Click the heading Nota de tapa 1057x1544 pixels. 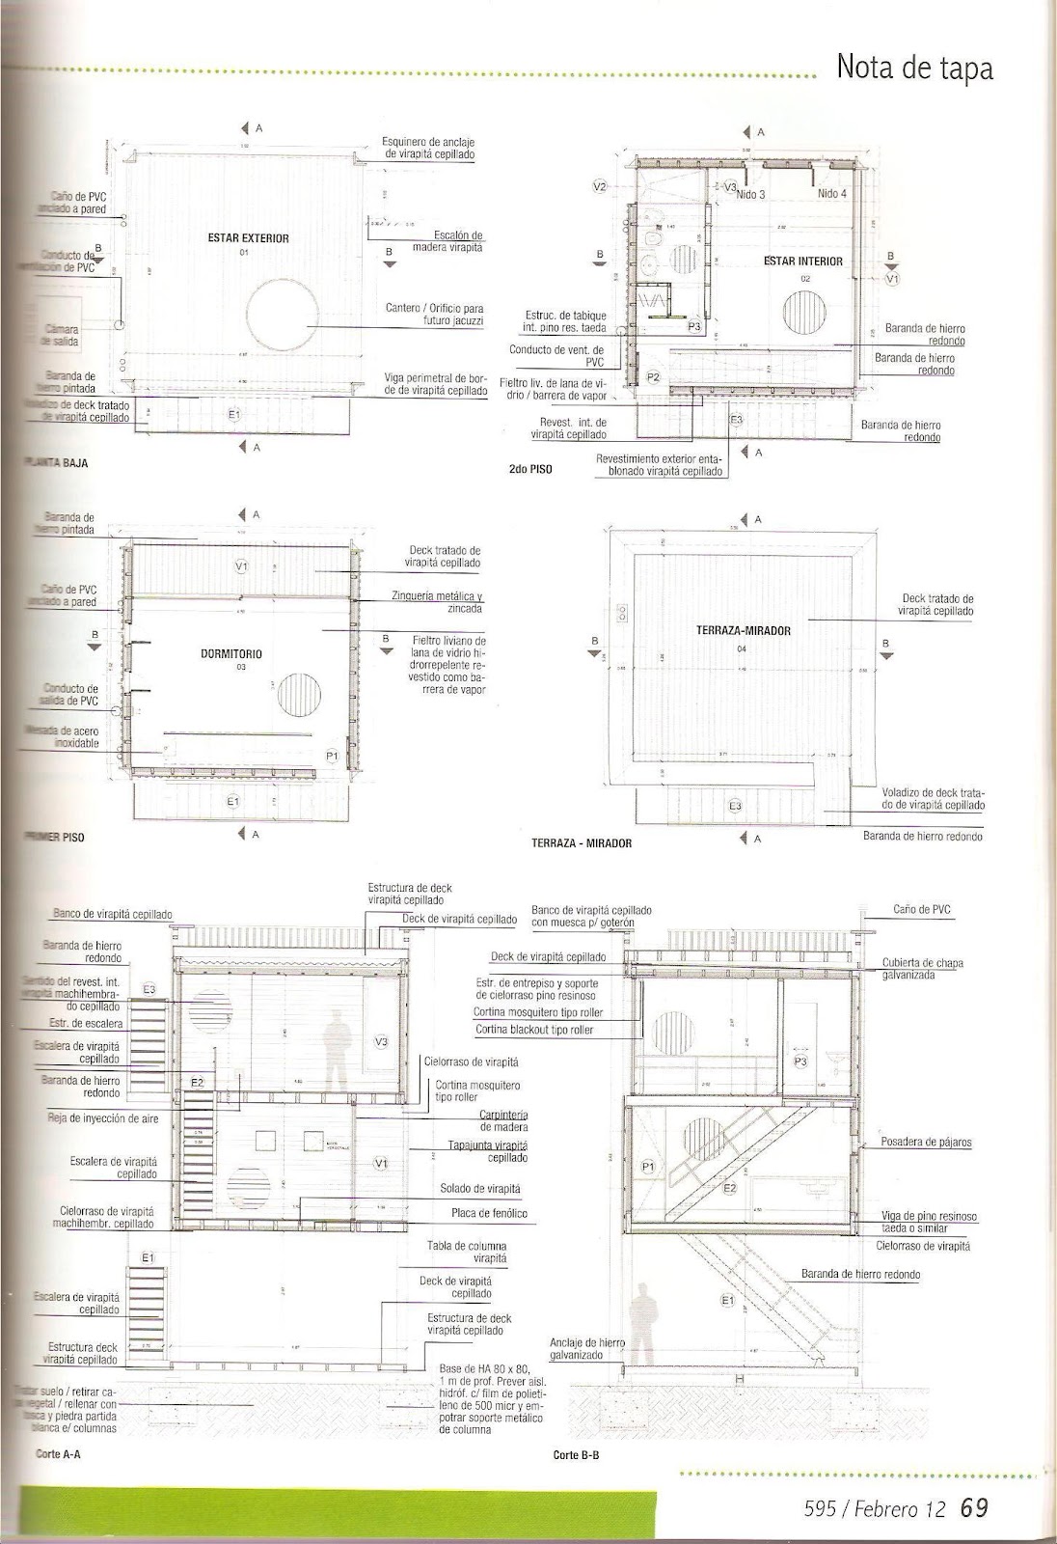point(914,69)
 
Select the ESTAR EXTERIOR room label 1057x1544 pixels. point(249,237)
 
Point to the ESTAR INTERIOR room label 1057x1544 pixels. point(802,262)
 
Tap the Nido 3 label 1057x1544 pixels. point(750,194)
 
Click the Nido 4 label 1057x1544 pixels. point(831,194)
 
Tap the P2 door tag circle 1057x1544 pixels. point(653,377)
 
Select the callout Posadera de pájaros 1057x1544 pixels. point(926,1143)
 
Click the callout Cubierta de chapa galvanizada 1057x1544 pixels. point(922,969)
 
